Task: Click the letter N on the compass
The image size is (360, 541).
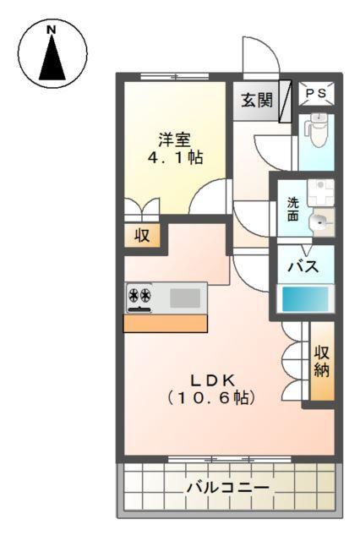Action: pyautogui.click(x=52, y=30)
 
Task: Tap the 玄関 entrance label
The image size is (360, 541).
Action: pyautogui.click(x=256, y=101)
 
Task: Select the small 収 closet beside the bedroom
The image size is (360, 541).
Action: pyautogui.click(x=143, y=236)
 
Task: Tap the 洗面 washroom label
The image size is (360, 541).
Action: pyautogui.click(x=292, y=209)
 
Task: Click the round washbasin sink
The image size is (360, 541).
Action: pyautogui.click(x=320, y=223)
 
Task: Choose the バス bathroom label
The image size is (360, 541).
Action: pyautogui.click(x=303, y=266)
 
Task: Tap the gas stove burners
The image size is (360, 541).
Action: pyautogui.click(x=139, y=297)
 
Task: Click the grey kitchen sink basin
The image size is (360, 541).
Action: pyautogui.click(x=186, y=297)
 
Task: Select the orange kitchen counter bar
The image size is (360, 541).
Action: pyautogui.click(x=166, y=323)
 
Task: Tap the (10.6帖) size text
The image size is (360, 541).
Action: pyautogui.click(x=211, y=396)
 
